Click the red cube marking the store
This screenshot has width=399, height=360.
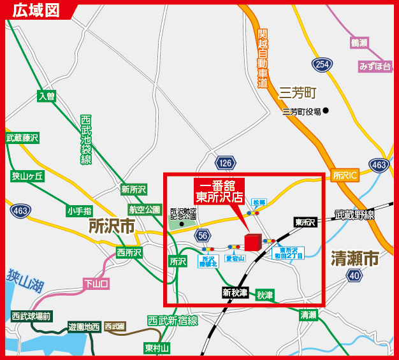coord(253,242)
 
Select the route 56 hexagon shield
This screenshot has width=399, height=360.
coord(203,236)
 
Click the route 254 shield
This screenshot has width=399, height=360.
coord(322,64)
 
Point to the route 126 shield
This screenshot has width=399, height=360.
coord(224,163)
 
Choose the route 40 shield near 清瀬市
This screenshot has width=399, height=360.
coord(354,275)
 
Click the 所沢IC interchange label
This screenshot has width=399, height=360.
coord(346,174)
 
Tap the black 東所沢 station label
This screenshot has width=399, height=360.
coord(305,222)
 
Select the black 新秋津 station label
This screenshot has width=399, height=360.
coord(235,292)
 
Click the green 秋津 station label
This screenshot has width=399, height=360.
coord(265,295)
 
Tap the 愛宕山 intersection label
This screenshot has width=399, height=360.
coord(235,258)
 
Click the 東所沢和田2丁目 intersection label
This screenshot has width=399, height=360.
coord(291,253)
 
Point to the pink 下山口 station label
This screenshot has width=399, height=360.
coord(98,284)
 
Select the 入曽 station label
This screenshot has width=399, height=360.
coord(47,96)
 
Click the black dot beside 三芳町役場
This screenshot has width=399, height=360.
coord(326,111)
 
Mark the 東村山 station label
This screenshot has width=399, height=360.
coord(157,347)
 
